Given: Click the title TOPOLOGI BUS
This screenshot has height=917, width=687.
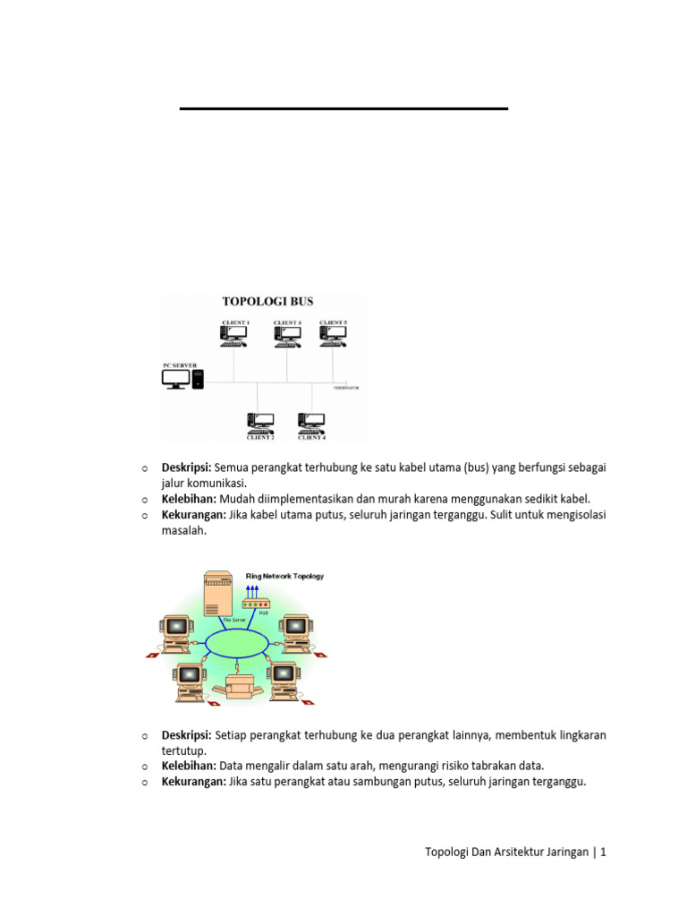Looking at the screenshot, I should click(x=267, y=301).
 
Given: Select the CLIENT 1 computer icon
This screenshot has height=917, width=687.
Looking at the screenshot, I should click(x=234, y=335).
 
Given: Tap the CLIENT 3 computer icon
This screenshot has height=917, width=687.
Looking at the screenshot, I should click(x=287, y=335).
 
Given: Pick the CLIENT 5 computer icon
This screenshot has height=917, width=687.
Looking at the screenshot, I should click(x=333, y=335).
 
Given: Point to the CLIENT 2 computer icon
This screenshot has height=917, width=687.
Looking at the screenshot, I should click(x=261, y=421).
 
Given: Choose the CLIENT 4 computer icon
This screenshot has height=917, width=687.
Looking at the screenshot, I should click(x=311, y=421).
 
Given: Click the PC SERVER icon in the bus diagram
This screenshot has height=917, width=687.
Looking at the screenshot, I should click(x=183, y=379).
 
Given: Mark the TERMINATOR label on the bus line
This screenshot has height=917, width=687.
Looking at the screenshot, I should click(x=346, y=389).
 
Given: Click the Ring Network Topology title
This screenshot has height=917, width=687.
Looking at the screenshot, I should click(x=284, y=577).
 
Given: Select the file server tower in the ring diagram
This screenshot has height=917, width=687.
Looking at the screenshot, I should click(x=217, y=595).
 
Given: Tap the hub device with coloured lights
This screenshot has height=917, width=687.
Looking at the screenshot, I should click(x=256, y=605).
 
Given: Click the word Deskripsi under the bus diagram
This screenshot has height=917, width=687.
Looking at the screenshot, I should click(x=185, y=467).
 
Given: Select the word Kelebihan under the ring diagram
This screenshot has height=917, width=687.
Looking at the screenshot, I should click(x=188, y=766).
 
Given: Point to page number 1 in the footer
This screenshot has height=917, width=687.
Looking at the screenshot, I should click(x=604, y=853).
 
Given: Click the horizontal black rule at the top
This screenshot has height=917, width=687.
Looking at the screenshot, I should click(x=343, y=108).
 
